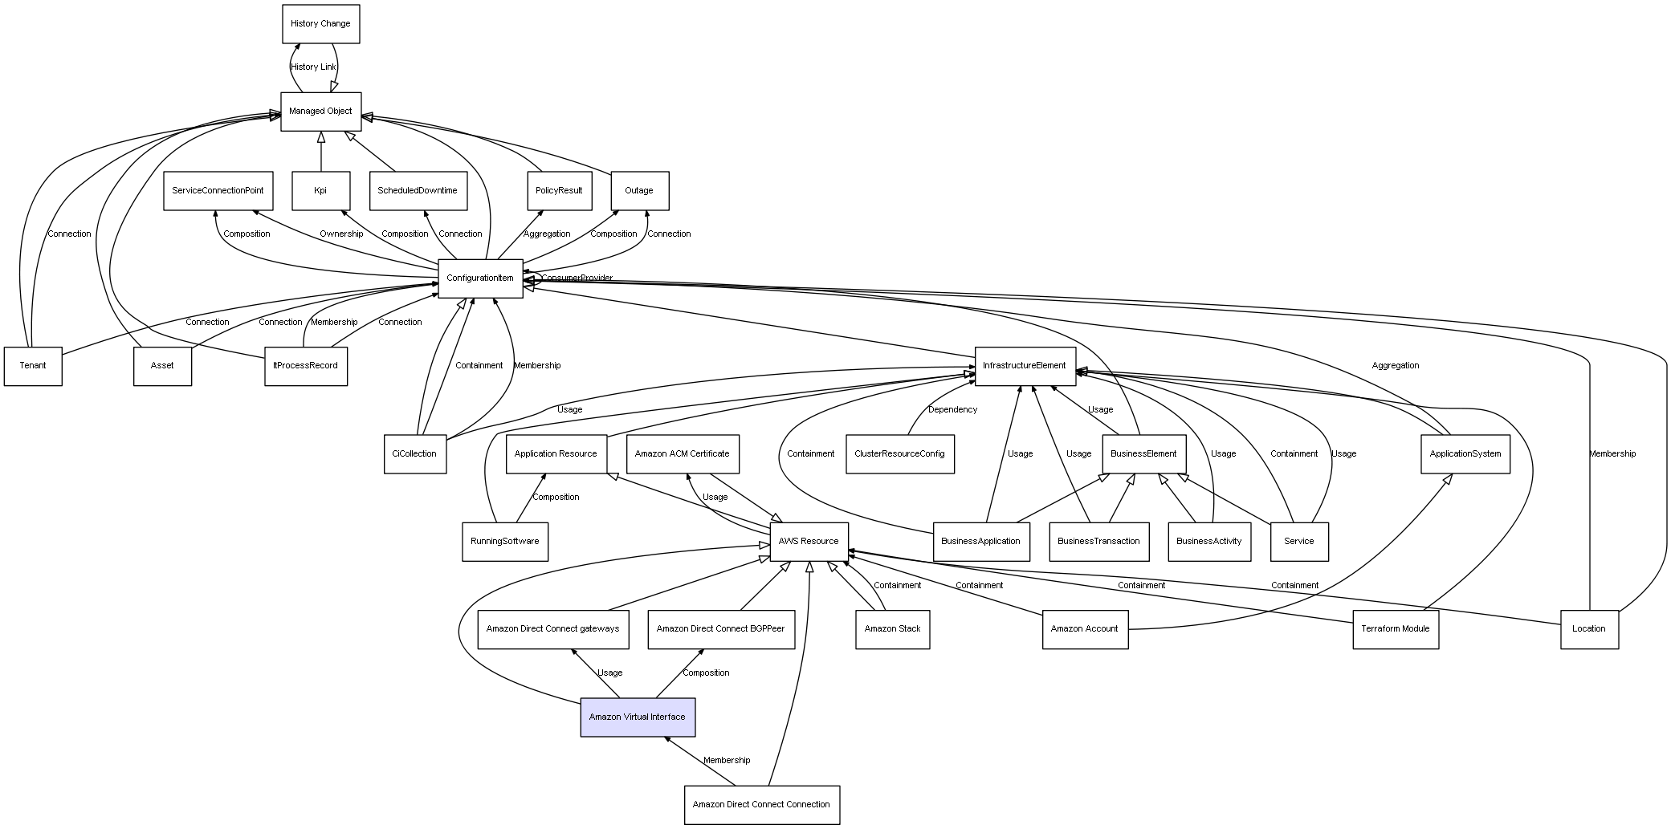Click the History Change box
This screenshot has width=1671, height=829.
point(321,24)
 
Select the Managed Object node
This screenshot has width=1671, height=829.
point(321,112)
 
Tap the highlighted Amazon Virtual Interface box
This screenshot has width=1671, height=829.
point(638,717)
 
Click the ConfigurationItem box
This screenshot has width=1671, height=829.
point(480,278)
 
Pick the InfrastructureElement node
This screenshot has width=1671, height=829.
point(1025,366)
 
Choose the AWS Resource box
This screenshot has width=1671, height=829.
point(809,542)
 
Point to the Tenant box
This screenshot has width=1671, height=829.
point(33,366)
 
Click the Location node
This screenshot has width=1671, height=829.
point(1589,629)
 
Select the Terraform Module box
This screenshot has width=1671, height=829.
point(1396,629)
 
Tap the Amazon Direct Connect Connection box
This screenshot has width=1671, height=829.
point(762,805)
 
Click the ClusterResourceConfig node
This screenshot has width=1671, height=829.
point(899,454)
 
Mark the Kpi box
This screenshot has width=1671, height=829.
point(321,191)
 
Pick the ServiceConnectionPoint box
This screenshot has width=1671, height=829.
point(218,191)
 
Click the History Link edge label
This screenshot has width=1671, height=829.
point(313,67)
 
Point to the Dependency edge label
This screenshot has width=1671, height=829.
point(953,410)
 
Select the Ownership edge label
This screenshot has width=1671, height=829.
point(341,234)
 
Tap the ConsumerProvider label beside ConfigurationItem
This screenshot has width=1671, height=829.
point(577,278)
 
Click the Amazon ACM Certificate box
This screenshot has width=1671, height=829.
point(683,454)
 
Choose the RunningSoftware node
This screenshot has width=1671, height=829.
point(505,542)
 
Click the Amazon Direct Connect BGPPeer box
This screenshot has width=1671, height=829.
point(721,629)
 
